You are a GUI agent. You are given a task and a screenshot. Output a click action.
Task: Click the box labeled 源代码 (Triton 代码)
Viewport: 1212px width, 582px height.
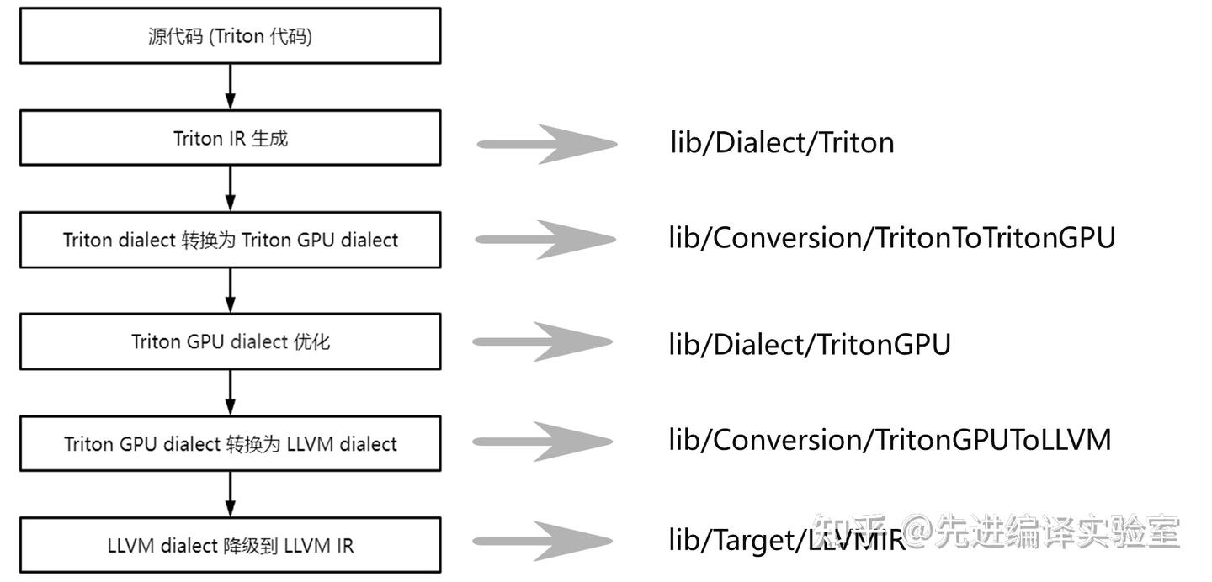tap(230, 36)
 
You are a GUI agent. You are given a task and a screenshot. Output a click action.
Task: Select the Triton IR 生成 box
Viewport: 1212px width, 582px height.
tap(230, 138)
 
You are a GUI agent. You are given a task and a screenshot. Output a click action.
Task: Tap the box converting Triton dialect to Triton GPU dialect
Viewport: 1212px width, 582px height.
tap(230, 240)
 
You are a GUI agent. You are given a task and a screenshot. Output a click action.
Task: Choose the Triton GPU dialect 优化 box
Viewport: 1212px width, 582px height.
tap(230, 341)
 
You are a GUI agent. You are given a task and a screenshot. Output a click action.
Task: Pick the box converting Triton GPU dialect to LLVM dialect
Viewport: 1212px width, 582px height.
tap(230, 443)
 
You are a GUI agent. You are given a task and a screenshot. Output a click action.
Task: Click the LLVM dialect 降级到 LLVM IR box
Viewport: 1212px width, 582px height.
tap(230, 545)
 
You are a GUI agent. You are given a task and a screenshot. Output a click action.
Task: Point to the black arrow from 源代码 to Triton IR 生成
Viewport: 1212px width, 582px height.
tap(230, 87)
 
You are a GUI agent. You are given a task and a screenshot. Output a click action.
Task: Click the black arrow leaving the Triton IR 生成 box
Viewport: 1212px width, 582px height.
tap(230, 188)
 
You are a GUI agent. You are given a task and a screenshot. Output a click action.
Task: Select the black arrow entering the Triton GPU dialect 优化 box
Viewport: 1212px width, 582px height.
tap(230, 290)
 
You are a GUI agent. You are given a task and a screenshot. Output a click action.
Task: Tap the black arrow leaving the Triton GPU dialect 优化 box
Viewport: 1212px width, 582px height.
tap(230, 392)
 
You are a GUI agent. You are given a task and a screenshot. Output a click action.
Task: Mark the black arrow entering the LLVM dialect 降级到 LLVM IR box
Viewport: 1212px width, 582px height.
tap(230, 494)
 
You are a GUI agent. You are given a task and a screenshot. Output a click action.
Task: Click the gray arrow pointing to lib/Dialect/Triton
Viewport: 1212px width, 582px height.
tap(547, 144)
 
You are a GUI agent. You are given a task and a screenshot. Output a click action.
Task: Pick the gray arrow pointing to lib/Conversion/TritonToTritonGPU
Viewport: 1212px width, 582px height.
tap(545, 240)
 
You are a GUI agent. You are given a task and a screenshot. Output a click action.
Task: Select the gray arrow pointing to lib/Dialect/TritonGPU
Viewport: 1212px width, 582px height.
tap(543, 341)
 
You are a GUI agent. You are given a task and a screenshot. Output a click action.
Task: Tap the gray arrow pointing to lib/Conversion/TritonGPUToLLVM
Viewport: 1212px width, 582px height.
tap(543, 442)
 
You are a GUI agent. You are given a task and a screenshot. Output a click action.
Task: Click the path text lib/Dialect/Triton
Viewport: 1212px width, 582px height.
tap(782, 142)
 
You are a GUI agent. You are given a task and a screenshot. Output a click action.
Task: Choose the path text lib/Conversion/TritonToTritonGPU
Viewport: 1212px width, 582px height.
tap(891, 238)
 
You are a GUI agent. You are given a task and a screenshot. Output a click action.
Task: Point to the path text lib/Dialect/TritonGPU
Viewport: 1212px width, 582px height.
tap(809, 344)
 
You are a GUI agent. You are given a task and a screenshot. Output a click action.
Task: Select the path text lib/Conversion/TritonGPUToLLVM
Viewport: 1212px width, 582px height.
tap(890, 439)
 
